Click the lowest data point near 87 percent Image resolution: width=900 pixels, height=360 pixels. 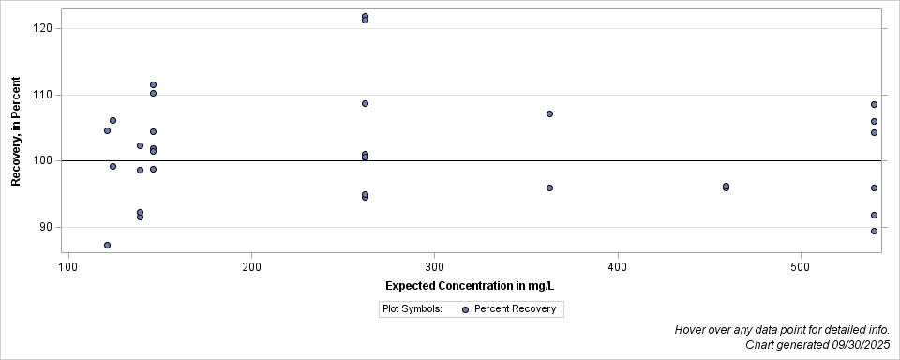click(107, 245)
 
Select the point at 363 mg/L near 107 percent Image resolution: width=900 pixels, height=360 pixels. click(549, 113)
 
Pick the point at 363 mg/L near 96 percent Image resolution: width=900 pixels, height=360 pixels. click(549, 187)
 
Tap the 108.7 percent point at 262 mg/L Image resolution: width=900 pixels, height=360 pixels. click(365, 103)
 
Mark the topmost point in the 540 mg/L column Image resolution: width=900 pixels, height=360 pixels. click(874, 104)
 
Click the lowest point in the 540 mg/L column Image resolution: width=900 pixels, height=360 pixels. click(874, 231)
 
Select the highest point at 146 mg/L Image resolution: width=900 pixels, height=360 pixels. click(153, 84)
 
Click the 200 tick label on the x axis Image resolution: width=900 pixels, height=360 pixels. click(250, 267)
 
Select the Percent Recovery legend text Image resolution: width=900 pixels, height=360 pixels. click(515, 308)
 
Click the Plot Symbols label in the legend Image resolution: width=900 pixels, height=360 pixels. click(412, 308)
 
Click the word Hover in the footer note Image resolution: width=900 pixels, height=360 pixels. click(691, 330)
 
